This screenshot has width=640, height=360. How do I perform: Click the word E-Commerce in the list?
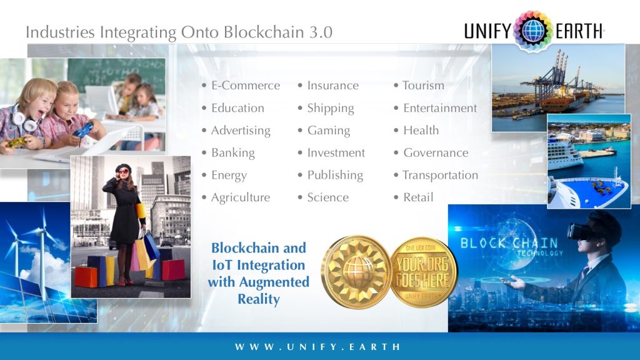click(245, 86)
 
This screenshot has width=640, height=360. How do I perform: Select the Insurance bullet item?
click(332, 86)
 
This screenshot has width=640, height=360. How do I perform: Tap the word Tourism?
click(423, 86)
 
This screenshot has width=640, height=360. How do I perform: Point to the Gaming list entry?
click(328, 131)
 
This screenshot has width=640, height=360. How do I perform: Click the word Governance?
click(436, 153)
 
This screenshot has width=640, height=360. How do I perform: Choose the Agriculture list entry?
click(241, 197)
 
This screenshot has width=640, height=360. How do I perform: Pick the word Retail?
click(418, 197)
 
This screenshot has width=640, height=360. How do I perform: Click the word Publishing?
click(335, 176)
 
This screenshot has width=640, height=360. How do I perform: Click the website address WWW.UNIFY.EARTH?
click(318, 347)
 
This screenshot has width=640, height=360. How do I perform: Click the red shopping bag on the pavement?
click(173, 269)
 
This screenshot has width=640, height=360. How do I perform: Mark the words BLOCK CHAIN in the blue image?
click(508, 242)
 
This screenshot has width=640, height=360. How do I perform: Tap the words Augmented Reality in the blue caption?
click(258, 291)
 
